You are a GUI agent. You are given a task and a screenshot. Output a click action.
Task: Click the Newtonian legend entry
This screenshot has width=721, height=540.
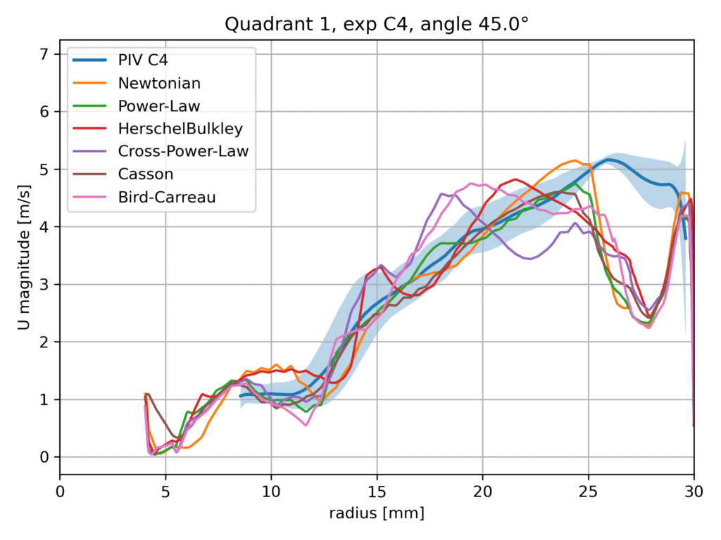(x=159, y=83)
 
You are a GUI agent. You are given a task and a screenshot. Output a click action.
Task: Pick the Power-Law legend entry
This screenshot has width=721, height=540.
(x=159, y=106)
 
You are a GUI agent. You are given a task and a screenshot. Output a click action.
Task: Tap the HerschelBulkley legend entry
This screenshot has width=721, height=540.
(x=179, y=129)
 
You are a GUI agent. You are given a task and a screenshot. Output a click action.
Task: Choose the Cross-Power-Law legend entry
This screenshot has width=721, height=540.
(x=183, y=151)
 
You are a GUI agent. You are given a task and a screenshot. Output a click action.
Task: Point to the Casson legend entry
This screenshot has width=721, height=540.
(x=146, y=174)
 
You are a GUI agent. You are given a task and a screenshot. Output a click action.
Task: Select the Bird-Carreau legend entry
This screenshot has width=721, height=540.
(x=167, y=198)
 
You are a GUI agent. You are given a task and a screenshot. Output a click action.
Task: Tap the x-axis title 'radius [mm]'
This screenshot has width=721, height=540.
(x=377, y=514)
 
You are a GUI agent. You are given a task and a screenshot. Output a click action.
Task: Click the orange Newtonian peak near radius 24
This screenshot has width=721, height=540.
(x=575, y=160)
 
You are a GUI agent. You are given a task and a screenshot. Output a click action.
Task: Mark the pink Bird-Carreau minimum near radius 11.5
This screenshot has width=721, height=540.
(x=306, y=425)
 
